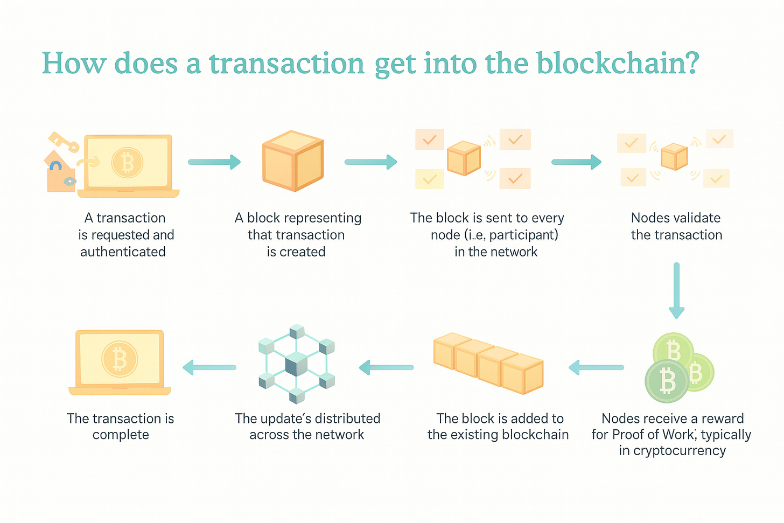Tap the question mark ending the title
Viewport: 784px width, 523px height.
[692, 64]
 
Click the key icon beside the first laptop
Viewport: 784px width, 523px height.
[64, 141]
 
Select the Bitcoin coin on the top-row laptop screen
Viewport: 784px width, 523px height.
[127, 163]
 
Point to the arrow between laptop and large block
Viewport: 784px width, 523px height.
[214, 162]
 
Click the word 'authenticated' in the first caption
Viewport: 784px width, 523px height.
[123, 252]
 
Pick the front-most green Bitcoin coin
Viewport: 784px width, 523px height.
[667, 381]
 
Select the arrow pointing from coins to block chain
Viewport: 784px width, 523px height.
[596, 367]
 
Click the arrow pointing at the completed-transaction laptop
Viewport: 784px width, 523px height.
[209, 367]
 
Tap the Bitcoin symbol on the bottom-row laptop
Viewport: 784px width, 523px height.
[120, 359]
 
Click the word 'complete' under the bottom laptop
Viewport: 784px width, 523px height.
[121, 435]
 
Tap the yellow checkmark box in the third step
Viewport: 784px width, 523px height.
[429, 179]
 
